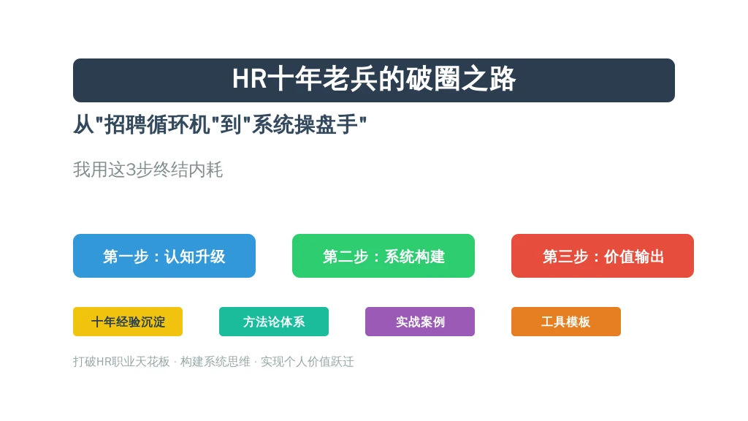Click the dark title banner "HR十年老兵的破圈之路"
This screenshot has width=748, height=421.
(x=373, y=80)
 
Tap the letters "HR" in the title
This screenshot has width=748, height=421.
(x=250, y=79)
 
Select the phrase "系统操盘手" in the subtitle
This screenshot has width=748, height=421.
(x=305, y=125)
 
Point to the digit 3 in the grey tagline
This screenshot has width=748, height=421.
(x=131, y=170)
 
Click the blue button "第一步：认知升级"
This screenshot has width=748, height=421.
(x=164, y=256)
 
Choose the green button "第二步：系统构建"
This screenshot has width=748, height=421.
(x=383, y=256)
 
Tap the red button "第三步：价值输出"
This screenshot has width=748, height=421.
(x=603, y=256)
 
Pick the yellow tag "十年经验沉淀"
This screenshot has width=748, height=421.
(x=128, y=322)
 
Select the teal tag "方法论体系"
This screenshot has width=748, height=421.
(x=274, y=322)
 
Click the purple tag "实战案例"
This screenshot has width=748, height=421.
(x=420, y=322)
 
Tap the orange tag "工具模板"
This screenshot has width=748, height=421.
(x=566, y=322)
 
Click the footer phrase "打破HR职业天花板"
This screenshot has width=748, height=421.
(x=122, y=362)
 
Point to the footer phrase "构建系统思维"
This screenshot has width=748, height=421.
(x=215, y=362)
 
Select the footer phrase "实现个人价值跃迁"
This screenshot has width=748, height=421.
(x=308, y=362)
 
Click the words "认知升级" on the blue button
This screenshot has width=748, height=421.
(x=194, y=257)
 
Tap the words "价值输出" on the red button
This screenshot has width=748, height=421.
(x=634, y=257)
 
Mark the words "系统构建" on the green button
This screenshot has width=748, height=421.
(x=415, y=257)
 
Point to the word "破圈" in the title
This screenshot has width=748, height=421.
(x=433, y=79)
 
